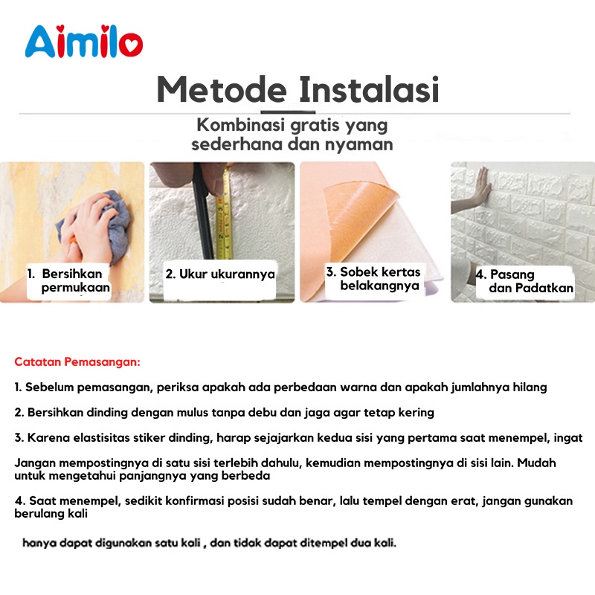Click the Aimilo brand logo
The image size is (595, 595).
[84, 43]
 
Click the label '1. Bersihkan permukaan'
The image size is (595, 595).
[68, 280]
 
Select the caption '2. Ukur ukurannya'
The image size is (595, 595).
[220, 274]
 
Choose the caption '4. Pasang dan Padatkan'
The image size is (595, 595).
[524, 281]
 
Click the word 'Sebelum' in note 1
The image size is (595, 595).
[48, 387]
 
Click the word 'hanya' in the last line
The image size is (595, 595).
[38, 544]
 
